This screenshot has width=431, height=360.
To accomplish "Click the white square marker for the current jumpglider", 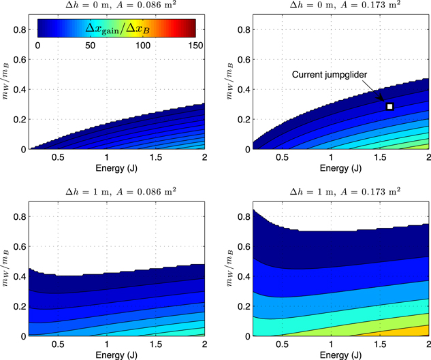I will [390, 106].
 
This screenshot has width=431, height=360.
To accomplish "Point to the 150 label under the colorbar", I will [195, 45].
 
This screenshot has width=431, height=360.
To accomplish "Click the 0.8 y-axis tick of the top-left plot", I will [25, 29].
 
